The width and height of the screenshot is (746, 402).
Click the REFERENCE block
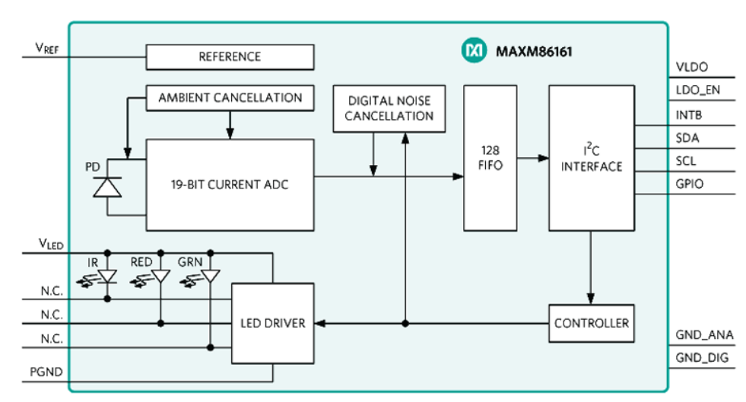(x=230, y=57)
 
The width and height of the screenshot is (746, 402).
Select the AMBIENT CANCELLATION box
(x=230, y=98)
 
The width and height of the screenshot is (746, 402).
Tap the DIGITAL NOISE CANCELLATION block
(x=389, y=109)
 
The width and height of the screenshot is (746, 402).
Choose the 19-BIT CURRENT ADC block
(x=230, y=185)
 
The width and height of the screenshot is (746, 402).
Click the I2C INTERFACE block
(x=591, y=157)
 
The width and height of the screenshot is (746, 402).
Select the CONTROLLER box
(x=591, y=323)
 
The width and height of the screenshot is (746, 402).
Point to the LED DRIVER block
(x=272, y=323)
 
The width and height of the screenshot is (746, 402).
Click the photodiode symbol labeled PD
(x=107, y=185)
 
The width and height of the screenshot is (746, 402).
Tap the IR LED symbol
(x=108, y=277)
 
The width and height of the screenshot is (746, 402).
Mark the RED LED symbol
(x=160, y=277)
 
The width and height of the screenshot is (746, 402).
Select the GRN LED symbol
(x=210, y=277)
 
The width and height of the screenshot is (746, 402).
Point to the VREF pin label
(x=47, y=48)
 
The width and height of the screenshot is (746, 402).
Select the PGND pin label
(x=47, y=372)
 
